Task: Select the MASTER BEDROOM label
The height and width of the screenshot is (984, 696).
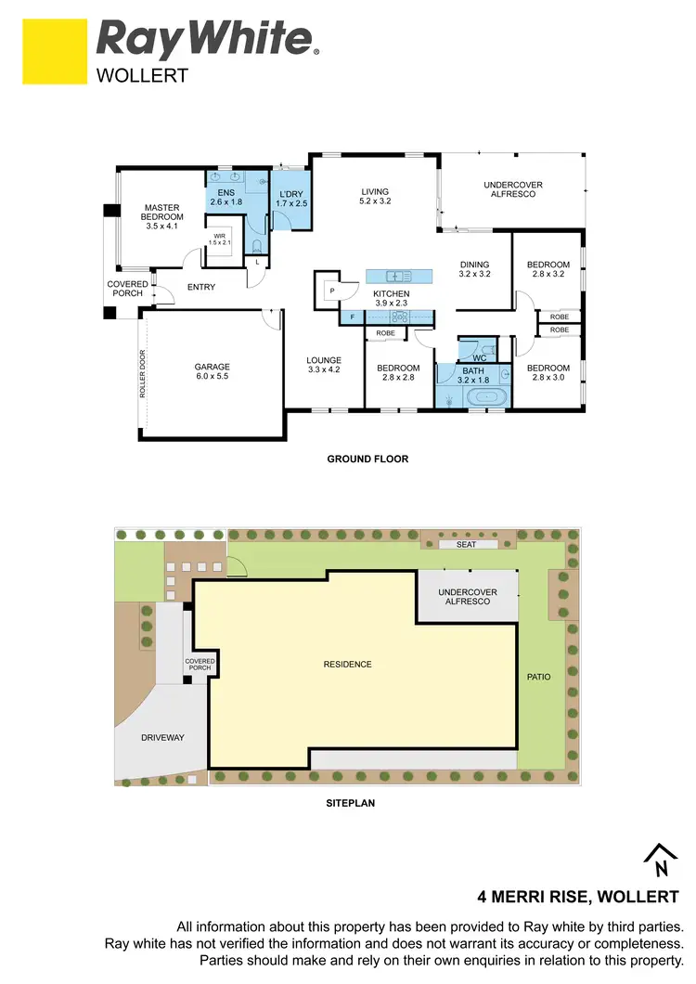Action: click(163, 216)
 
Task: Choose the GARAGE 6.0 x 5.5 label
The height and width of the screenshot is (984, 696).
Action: click(212, 372)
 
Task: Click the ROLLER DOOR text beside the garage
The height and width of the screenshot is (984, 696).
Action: click(143, 373)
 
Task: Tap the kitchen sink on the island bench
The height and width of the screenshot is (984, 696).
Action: click(398, 276)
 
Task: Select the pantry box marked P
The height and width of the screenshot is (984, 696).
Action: click(331, 291)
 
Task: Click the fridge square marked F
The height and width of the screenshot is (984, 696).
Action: click(353, 317)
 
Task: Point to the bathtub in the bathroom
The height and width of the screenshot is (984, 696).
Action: click(486, 398)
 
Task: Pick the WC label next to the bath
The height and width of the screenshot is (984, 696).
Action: click(479, 358)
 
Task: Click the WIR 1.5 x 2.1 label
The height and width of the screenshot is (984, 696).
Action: click(220, 240)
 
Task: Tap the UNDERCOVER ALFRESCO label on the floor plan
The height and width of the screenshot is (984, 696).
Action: click(513, 189)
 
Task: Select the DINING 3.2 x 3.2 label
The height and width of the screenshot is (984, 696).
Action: click(474, 269)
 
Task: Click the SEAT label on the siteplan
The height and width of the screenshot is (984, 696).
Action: click(467, 544)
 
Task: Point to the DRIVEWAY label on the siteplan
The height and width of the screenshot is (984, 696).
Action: click(162, 738)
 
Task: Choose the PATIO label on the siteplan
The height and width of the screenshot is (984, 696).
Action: click(538, 677)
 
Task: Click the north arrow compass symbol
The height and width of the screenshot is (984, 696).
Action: click(661, 861)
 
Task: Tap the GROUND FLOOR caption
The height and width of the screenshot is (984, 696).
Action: click(367, 459)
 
